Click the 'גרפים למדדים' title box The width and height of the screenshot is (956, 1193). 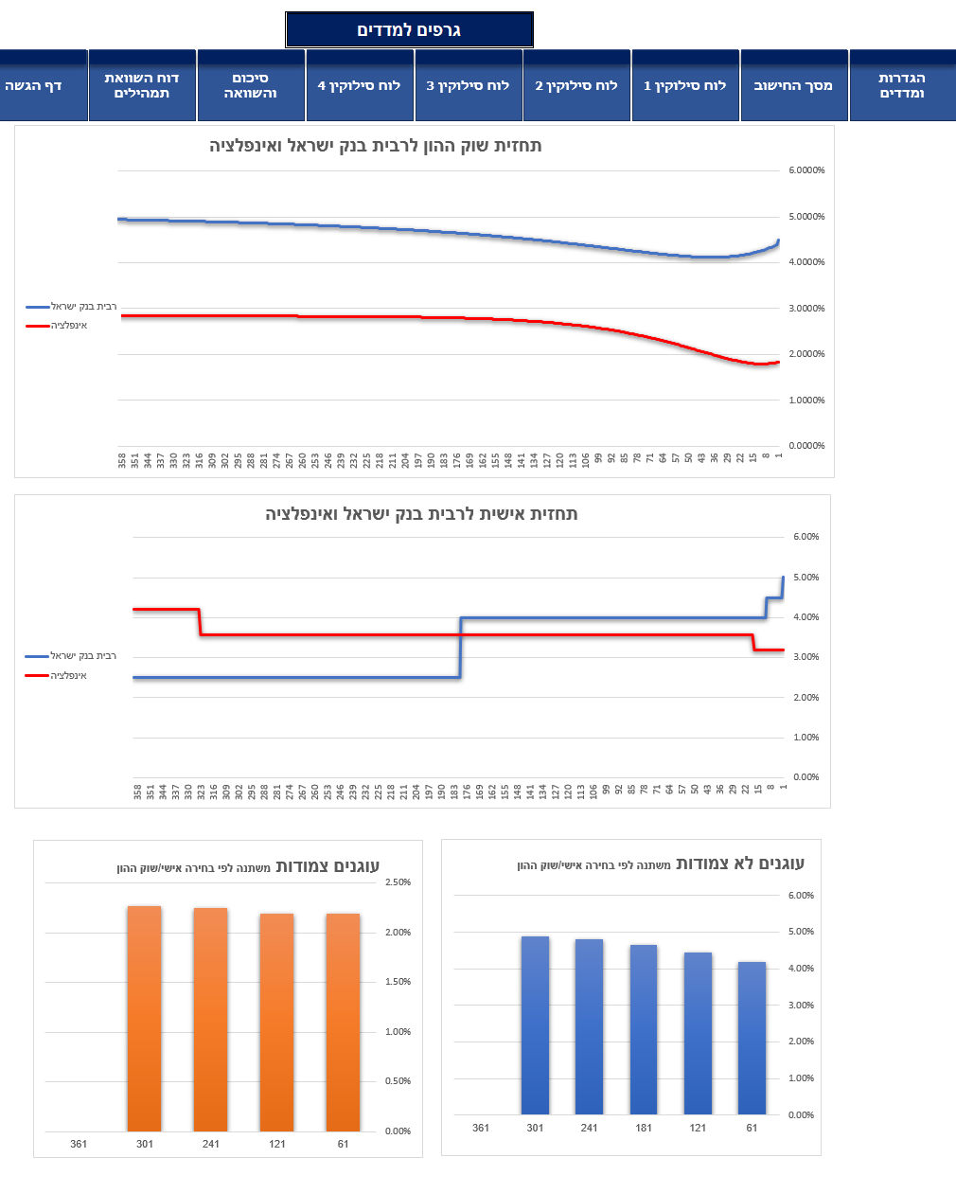click(x=409, y=30)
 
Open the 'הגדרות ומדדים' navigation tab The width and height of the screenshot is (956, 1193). click(x=902, y=85)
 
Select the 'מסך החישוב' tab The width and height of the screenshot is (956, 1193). click(x=793, y=85)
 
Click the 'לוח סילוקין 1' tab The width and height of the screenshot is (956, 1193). click(x=684, y=85)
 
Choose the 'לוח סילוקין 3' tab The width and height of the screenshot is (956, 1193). click(x=468, y=85)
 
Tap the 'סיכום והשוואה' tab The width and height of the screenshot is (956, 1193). click(x=251, y=85)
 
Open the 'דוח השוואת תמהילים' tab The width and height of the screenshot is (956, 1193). click(x=142, y=85)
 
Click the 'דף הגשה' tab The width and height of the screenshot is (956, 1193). click(x=34, y=85)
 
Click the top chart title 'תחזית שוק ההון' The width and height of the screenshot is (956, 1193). click(x=376, y=146)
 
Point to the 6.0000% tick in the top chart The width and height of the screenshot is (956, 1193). click(x=806, y=170)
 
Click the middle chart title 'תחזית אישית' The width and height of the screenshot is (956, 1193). click(x=421, y=514)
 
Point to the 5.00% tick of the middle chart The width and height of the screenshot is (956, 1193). click(x=806, y=578)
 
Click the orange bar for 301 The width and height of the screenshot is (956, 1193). click(x=144, y=1018)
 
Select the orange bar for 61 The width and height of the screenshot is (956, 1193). click(x=343, y=1023)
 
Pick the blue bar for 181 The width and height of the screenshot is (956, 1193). click(x=644, y=1029)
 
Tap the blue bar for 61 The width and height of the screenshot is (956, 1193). click(x=752, y=1038)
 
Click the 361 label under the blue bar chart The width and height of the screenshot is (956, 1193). click(x=481, y=1128)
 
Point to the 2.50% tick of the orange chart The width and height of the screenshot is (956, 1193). click(x=398, y=882)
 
